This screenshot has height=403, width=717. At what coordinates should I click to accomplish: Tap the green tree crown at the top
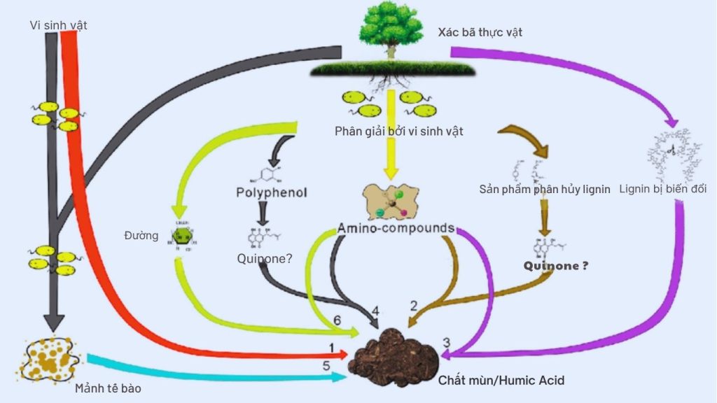click(x=391, y=26)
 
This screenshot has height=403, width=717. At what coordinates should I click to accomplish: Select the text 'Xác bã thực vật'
click(x=480, y=32)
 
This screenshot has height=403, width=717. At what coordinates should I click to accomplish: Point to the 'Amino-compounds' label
click(x=396, y=228)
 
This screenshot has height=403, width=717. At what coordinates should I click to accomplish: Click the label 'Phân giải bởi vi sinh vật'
click(x=399, y=130)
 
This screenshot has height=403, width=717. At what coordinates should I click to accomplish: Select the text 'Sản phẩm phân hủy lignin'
click(x=545, y=190)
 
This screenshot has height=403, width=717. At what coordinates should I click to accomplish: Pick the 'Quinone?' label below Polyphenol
click(x=264, y=258)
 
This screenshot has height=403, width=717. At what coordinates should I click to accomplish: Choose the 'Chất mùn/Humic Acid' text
click(x=501, y=381)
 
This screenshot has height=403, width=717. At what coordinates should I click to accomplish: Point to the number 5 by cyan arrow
click(x=326, y=365)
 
